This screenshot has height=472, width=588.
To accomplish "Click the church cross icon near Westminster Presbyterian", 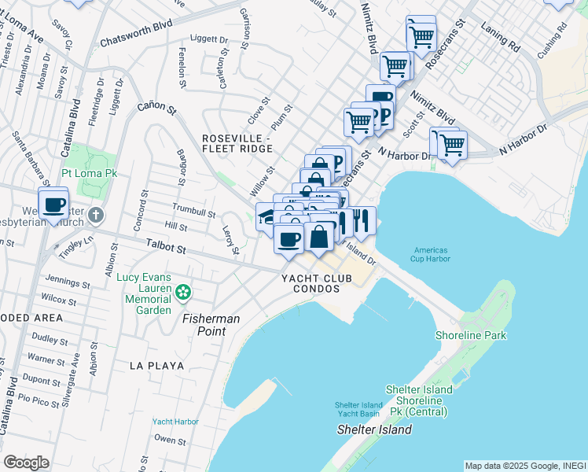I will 95,215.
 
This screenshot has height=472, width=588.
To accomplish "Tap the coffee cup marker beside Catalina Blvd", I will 53,205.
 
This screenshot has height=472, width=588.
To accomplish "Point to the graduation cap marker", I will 266,217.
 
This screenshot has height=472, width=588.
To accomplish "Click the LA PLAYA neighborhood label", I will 157,366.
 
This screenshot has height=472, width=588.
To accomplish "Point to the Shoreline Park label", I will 472,336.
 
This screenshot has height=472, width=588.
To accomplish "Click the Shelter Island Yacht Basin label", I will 357,410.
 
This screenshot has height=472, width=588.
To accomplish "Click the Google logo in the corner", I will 26,462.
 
